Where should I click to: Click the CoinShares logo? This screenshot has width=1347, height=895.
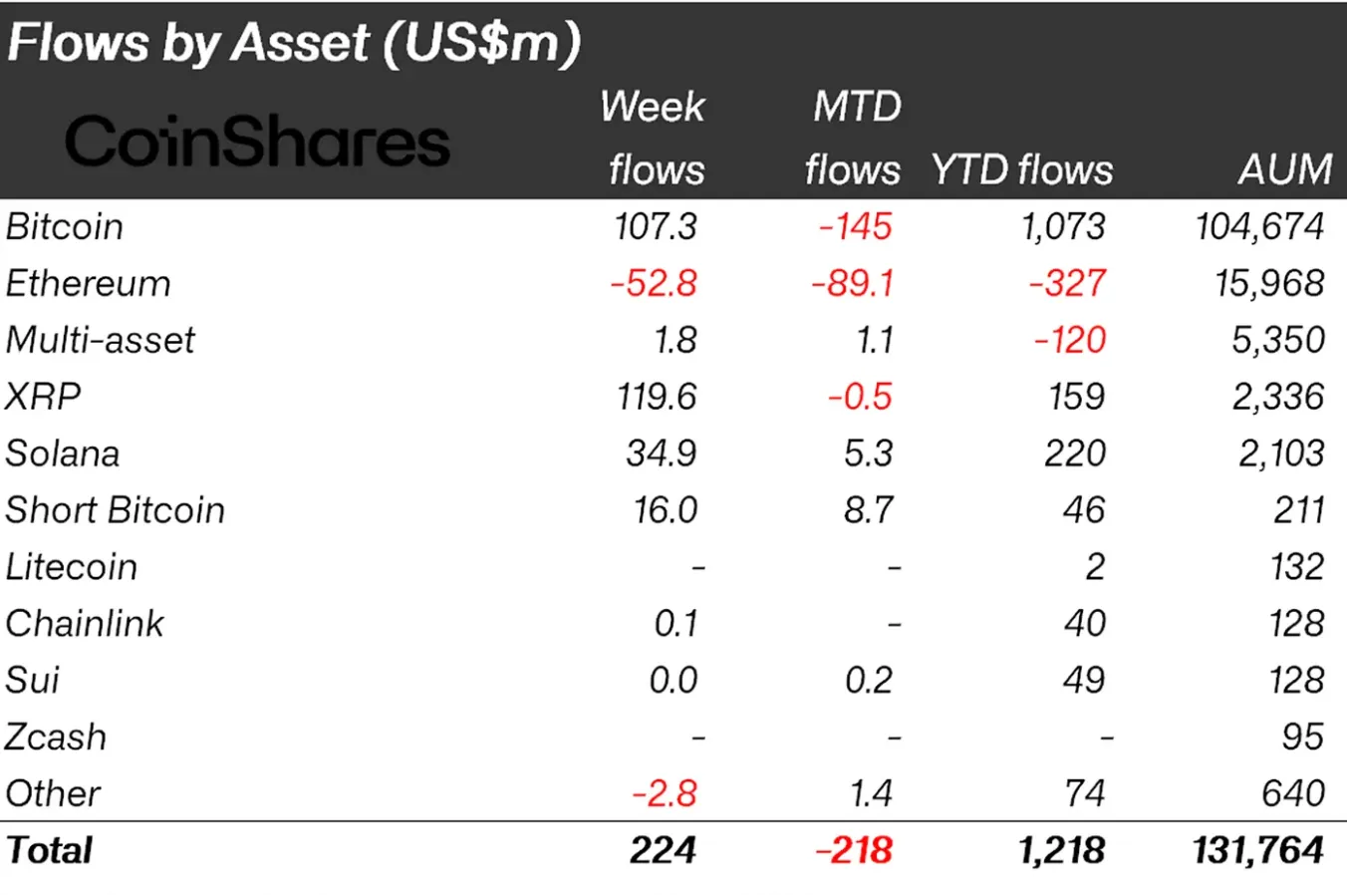[x=257, y=142]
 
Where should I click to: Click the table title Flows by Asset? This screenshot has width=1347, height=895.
[x=293, y=44]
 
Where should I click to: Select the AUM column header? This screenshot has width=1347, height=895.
[x=1285, y=169]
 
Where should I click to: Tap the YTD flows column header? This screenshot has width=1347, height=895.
[x=1021, y=169]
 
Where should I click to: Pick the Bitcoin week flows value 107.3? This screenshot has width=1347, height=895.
[x=656, y=227]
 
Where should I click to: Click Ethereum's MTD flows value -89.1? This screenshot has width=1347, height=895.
[x=853, y=284]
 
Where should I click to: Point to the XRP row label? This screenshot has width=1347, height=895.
[x=43, y=397]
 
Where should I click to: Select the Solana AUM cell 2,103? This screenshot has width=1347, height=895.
[x=1281, y=453]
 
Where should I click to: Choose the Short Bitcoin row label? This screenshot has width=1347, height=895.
[x=115, y=510]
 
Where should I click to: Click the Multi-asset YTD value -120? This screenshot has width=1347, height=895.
[x=1070, y=341]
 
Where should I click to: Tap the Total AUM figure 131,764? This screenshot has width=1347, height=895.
[x=1258, y=850]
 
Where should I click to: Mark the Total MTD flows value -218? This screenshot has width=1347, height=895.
[x=854, y=850]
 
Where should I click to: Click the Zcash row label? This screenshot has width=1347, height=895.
[x=56, y=738]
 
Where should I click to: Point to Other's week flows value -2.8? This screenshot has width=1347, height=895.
[x=665, y=794]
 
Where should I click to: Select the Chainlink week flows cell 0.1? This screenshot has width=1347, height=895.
[x=675, y=624]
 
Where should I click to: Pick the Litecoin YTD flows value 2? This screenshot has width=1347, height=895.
[x=1094, y=567]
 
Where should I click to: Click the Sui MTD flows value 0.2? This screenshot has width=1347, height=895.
[x=869, y=681]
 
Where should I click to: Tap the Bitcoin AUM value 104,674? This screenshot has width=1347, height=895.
[x=1259, y=227]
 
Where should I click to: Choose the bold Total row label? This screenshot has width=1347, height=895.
[x=49, y=850]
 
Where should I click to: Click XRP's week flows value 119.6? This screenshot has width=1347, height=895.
[x=657, y=397]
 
